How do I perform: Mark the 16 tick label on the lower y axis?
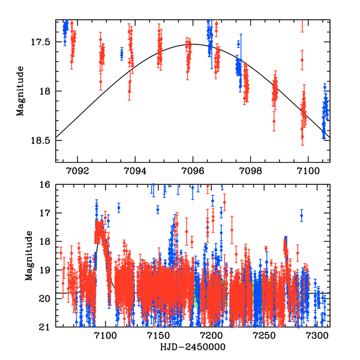(47, 185)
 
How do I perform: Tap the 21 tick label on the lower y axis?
(47, 327)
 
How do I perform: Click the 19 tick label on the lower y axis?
(47, 270)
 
